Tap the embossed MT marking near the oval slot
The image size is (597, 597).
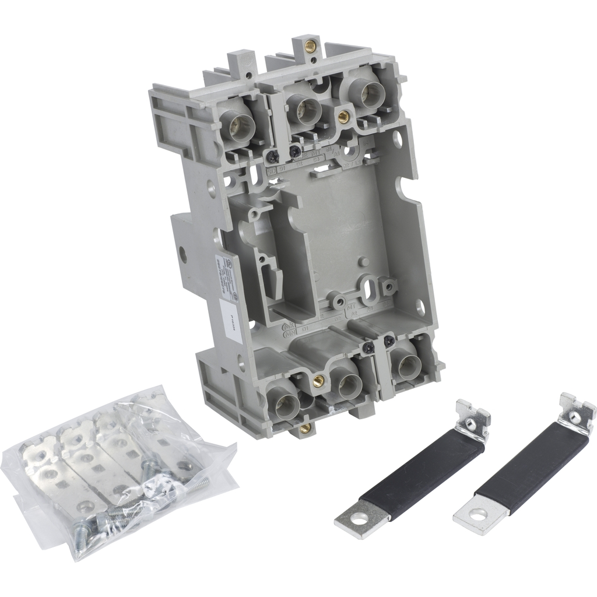(x=352, y=305)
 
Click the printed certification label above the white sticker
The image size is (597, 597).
(x=225, y=274)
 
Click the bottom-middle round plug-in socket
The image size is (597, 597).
(x=350, y=384)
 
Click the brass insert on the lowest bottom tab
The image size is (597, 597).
(x=304, y=430)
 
